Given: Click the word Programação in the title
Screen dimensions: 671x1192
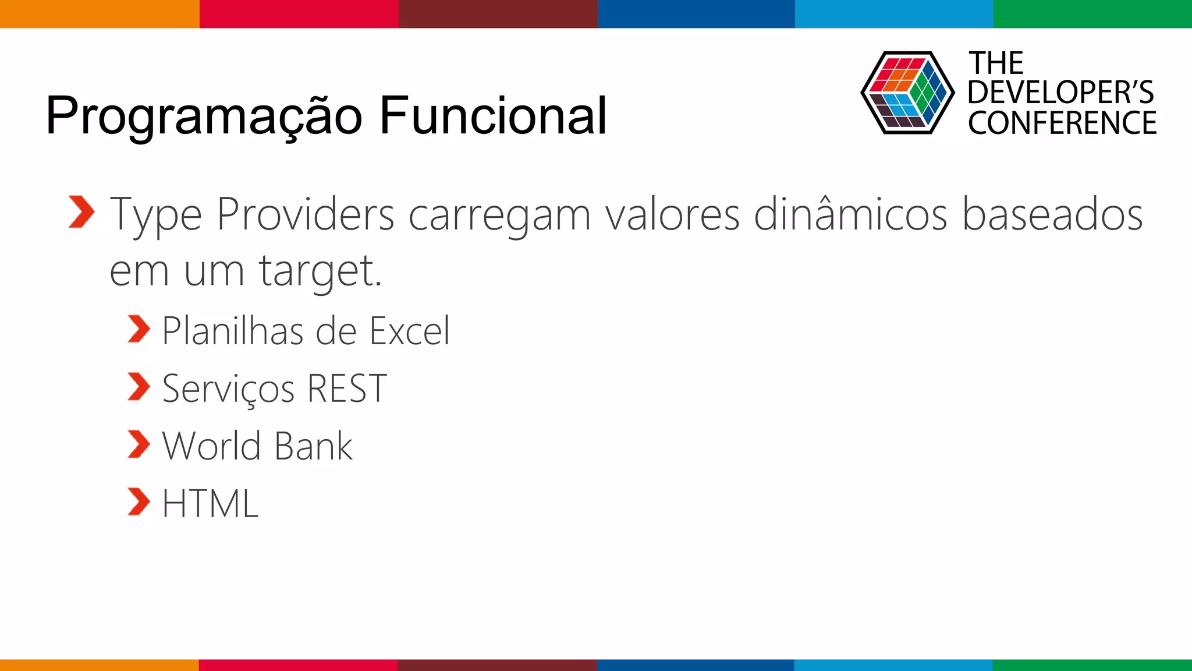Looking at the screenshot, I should pos(204,116).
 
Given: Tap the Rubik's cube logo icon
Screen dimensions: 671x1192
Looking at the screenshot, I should pos(907,93).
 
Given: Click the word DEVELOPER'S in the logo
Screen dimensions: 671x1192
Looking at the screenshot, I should pos(1060,93).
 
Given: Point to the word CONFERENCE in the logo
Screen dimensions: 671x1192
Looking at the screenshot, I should pos(1062,123).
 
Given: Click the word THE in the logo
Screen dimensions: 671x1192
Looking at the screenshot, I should pos(995,63).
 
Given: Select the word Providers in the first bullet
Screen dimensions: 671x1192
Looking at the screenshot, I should pos(306,214).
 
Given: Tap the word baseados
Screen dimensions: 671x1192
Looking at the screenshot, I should pos(1052,214).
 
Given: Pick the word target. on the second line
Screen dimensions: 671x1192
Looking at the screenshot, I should pos(320,271).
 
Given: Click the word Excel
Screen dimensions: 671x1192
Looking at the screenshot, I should pos(410,331).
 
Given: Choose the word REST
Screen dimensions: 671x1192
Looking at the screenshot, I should pos(347,389).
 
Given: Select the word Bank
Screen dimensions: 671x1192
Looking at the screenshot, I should pos(313,446).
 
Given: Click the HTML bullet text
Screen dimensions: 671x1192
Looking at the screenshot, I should pos(210,503).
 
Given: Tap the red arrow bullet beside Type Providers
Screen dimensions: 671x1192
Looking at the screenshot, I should pos(81,212).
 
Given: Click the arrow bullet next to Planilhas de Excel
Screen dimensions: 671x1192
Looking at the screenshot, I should pos(139,329).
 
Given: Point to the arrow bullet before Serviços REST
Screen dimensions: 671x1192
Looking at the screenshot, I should pos(139,387).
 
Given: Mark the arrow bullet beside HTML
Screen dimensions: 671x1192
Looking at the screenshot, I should pos(139,502).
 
